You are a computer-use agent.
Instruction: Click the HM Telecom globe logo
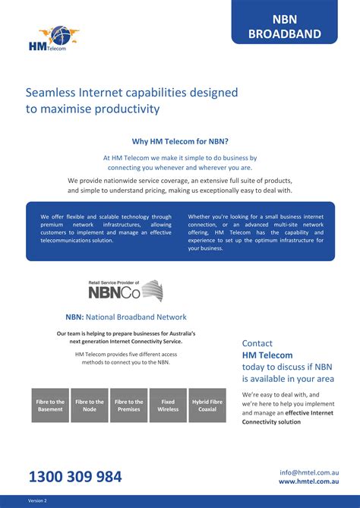click(54, 39)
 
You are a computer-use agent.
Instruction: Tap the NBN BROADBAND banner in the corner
click(285, 27)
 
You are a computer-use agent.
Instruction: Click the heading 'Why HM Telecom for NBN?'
click(180, 141)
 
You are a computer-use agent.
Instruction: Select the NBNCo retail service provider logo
click(125, 291)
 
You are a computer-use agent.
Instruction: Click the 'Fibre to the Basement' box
click(50, 405)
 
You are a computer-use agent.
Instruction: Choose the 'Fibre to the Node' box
click(90, 405)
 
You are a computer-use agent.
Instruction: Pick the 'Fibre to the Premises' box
click(128, 405)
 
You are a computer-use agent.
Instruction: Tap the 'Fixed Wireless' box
click(168, 405)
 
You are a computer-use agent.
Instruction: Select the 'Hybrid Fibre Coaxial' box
click(207, 405)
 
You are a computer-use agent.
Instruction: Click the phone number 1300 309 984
click(75, 477)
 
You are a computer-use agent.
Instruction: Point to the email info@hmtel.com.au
click(308, 472)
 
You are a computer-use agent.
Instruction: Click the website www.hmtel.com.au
click(308, 481)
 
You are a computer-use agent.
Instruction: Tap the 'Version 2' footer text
click(38, 501)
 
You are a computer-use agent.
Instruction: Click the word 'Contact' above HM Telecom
click(257, 343)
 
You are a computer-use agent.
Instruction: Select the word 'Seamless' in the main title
click(52, 93)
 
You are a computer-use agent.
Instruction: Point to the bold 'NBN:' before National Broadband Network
click(74, 317)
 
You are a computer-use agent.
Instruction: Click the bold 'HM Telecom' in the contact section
click(267, 355)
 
